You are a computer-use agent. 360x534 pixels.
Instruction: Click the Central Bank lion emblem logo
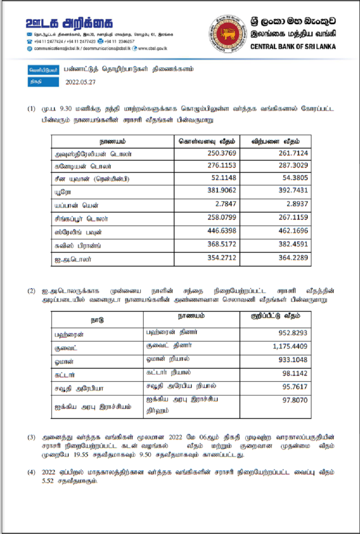228,34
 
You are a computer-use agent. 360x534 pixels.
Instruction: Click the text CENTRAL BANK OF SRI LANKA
293,47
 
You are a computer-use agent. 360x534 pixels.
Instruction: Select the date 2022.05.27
80,82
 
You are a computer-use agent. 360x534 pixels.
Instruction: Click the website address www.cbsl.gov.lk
153,49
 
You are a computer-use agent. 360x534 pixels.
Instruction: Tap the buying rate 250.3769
222,154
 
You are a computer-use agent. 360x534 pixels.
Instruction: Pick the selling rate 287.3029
293,166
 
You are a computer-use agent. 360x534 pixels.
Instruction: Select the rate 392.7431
293,190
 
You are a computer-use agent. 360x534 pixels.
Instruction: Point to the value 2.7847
226,205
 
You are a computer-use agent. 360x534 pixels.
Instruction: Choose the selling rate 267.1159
293,218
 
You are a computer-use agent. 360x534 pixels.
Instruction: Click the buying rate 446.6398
222,231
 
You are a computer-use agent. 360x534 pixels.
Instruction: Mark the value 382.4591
293,244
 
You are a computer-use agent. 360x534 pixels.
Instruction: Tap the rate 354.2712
222,258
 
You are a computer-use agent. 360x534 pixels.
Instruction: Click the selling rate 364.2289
293,258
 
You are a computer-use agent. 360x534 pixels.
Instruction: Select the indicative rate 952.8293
293,334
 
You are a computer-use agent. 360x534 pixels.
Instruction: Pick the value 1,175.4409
290,347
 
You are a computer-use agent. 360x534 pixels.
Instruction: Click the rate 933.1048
293,360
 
